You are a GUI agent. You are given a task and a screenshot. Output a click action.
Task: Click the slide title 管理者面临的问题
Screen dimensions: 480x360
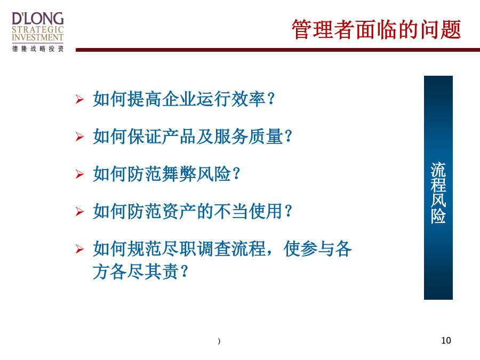coord(376,29)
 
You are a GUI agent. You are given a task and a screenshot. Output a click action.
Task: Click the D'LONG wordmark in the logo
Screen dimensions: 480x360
coord(38,19)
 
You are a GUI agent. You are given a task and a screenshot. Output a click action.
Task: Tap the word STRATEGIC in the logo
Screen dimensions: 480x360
coord(38,30)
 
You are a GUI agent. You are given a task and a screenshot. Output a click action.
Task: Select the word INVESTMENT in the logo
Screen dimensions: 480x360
coord(38,37)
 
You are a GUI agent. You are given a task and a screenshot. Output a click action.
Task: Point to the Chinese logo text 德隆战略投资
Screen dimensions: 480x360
coord(38,49)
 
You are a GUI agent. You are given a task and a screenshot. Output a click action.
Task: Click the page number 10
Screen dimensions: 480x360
coord(446,340)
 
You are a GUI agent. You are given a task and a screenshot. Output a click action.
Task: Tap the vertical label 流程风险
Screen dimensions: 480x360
coord(438,193)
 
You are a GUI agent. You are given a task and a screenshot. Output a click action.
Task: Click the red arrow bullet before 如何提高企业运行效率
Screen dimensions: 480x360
coord(79,99)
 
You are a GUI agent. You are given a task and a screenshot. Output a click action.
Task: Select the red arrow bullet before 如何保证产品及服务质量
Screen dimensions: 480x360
coord(79,137)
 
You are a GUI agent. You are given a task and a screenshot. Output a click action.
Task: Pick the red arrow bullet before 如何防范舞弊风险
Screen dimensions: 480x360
coord(79,174)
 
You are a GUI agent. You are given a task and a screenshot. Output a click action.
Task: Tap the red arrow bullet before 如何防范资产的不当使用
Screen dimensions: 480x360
coord(79,212)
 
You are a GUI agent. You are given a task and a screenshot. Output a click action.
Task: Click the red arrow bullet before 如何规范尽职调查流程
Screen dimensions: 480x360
coord(79,249)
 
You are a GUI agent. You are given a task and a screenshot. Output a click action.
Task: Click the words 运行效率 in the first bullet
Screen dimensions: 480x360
coord(231,99)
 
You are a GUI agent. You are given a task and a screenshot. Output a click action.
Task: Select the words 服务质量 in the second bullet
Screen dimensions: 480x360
coord(249,136)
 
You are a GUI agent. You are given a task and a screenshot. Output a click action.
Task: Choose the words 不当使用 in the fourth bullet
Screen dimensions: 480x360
coord(249,211)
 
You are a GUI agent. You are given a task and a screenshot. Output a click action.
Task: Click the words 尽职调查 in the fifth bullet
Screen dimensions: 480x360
coord(196,249)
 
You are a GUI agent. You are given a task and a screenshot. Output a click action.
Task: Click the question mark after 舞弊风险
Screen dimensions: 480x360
coord(236,174)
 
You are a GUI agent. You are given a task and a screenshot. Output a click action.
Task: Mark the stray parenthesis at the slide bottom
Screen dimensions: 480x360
coord(219,341)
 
